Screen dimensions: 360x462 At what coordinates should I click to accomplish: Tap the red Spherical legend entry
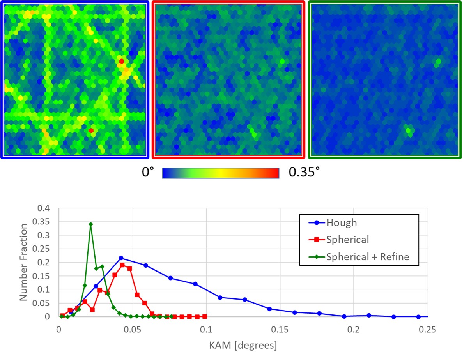(x=347, y=240)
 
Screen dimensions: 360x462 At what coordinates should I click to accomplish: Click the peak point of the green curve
(x=91, y=224)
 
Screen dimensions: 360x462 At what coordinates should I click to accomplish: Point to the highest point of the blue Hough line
(x=121, y=258)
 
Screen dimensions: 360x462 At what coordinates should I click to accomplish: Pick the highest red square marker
(x=122, y=265)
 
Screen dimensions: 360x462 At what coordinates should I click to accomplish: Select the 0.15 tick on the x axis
(x=280, y=330)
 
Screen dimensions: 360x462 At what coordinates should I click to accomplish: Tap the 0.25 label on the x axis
(x=427, y=330)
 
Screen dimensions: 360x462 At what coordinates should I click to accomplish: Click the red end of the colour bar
(x=275, y=173)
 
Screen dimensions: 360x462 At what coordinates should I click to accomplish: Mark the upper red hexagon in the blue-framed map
(x=122, y=61)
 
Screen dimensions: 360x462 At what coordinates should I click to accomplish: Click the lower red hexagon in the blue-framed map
(x=91, y=131)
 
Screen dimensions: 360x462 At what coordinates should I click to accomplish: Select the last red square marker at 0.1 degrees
(x=205, y=316)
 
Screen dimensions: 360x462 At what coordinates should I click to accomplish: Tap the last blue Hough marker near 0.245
(x=418, y=316)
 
